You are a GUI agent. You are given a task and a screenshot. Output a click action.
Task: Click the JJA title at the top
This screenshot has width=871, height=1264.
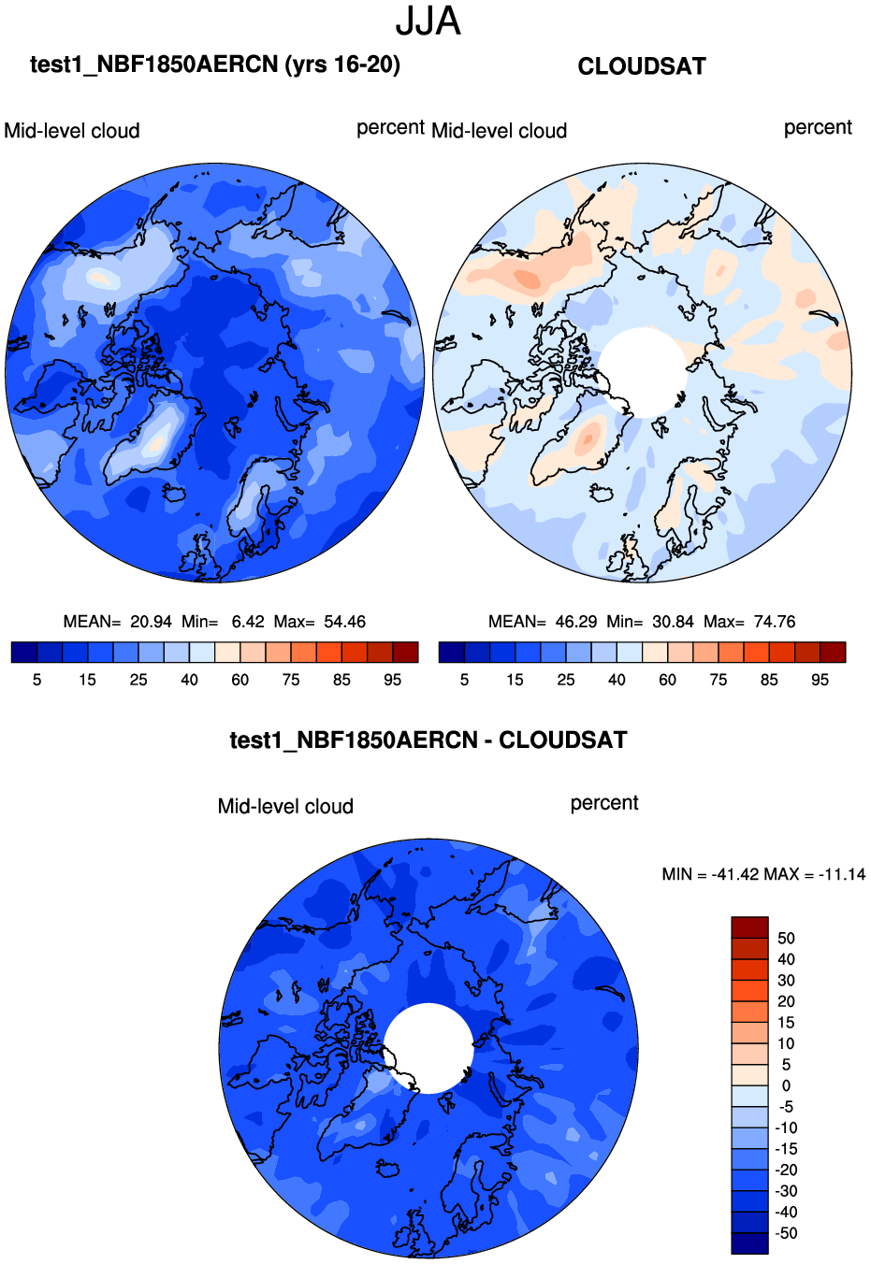[x=428, y=22]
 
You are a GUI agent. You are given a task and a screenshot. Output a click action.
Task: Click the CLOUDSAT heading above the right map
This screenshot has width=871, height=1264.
[x=642, y=66]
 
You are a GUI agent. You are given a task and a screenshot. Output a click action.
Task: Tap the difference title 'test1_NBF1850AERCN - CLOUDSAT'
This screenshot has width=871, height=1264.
[x=428, y=740]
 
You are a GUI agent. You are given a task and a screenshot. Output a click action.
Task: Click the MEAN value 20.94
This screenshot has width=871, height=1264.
[x=151, y=622]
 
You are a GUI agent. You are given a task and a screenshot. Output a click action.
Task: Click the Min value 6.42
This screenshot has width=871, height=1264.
[x=248, y=622]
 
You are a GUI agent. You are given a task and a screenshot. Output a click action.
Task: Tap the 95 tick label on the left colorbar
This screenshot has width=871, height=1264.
[x=393, y=680]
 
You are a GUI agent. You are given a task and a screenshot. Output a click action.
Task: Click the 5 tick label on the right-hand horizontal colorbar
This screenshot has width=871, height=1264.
[x=464, y=680]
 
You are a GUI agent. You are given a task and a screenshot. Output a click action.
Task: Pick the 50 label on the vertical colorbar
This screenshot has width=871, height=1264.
[x=786, y=939]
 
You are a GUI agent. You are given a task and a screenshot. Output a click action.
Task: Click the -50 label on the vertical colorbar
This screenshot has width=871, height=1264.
[x=786, y=1233]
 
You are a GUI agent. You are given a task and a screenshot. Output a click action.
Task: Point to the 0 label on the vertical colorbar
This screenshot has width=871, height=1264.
[x=786, y=1085]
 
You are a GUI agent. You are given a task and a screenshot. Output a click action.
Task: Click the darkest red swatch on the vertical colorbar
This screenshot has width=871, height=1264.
[x=749, y=927]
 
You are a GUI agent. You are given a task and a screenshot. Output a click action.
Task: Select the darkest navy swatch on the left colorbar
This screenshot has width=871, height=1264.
[x=24, y=653]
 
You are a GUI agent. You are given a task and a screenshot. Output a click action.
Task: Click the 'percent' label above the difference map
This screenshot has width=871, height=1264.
[x=604, y=803]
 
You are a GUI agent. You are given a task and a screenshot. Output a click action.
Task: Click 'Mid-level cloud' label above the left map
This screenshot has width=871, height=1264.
[x=72, y=131]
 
